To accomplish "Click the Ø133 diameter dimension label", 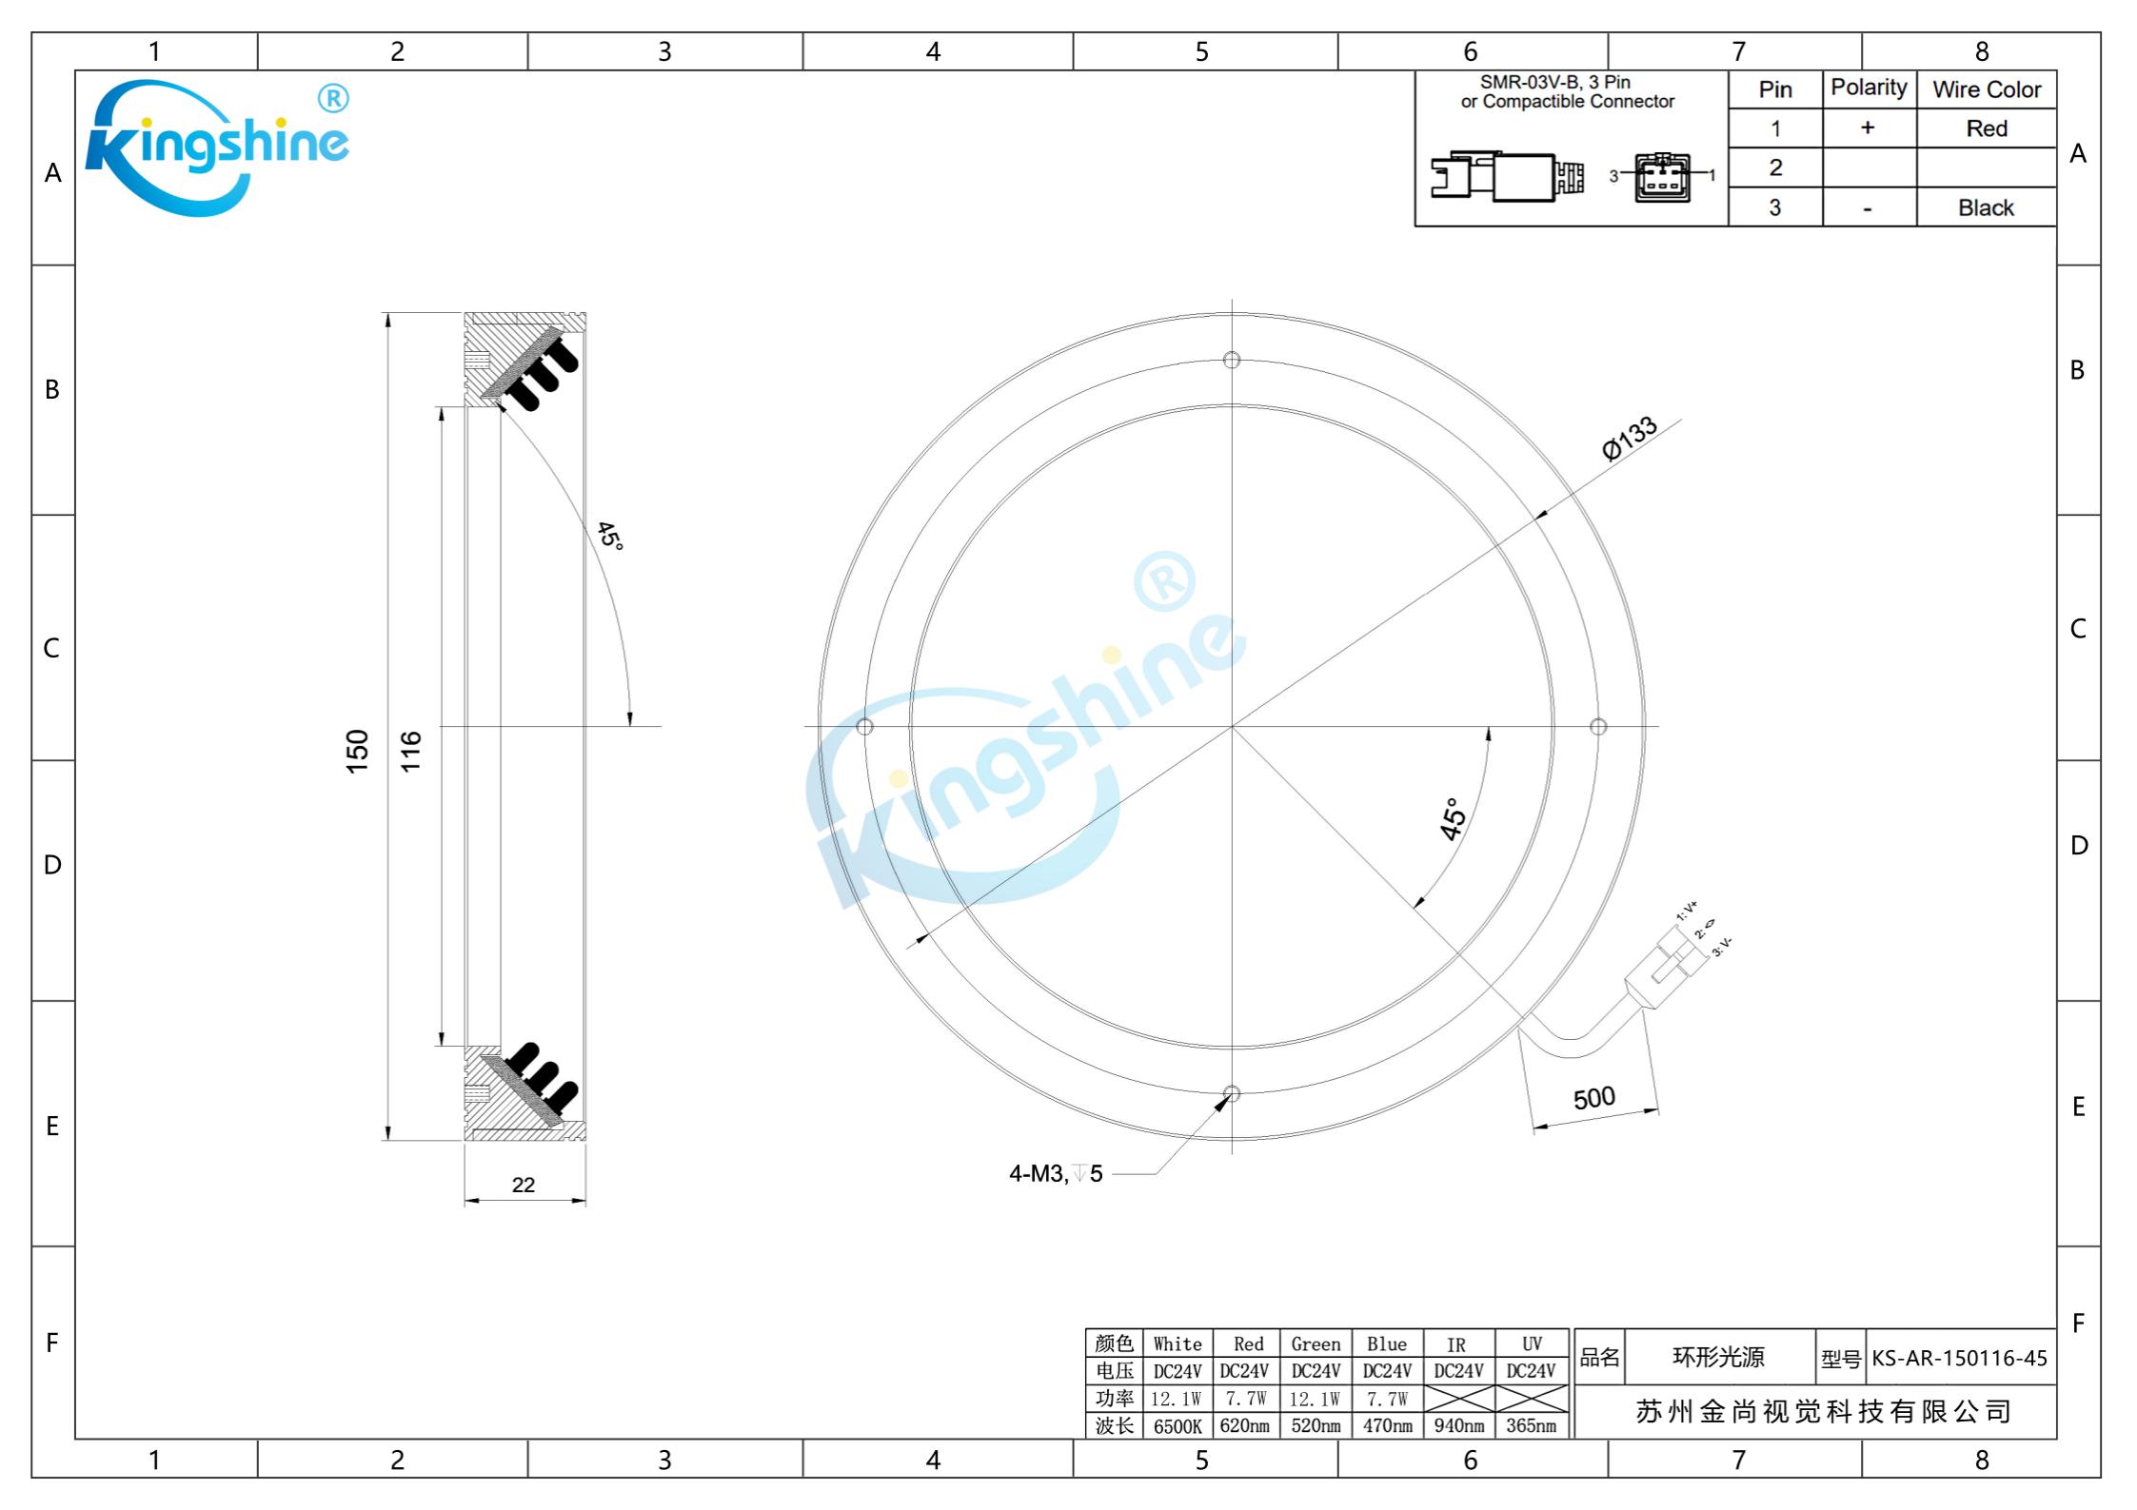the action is click(x=1630, y=439).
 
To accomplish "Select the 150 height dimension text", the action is click(x=357, y=751).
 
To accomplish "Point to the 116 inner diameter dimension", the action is click(x=410, y=751).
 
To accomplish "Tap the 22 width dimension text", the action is click(x=524, y=1185).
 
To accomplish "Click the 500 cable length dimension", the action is click(x=1594, y=1098).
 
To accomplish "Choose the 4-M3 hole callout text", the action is click(x=1056, y=1173).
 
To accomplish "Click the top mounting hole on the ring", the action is click(x=1232, y=360).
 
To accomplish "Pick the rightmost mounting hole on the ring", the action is click(x=1598, y=727).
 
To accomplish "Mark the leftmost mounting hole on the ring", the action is click(x=864, y=727).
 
